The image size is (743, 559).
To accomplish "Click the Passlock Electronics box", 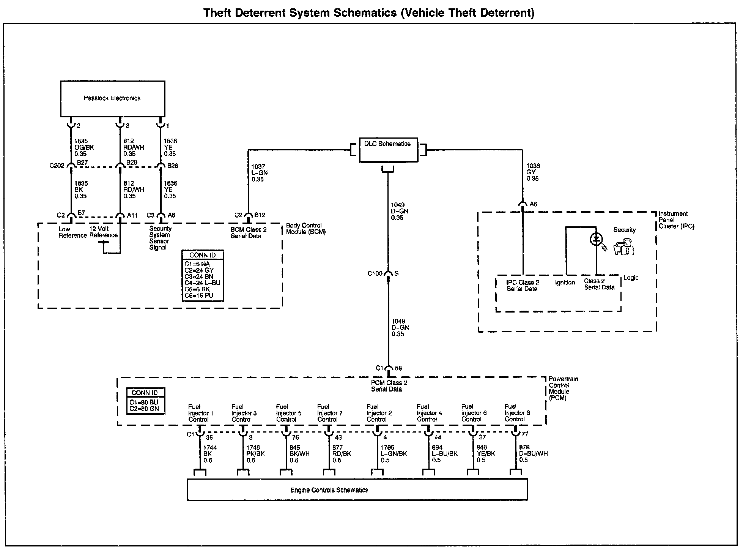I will (113, 98).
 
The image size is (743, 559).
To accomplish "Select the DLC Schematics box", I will (388, 150).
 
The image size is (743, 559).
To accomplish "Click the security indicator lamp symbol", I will (596, 239).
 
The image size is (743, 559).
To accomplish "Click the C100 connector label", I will (375, 273).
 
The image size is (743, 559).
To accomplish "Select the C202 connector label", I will (57, 166).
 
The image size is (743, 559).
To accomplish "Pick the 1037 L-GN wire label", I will (260, 173).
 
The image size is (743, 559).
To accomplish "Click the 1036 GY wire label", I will (533, 172).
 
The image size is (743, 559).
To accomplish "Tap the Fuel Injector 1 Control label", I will (200, 413).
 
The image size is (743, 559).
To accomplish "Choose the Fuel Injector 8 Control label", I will (517, 413).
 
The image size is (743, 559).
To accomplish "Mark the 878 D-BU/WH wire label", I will (533, 454).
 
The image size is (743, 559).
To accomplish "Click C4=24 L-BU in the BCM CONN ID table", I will (202, 283).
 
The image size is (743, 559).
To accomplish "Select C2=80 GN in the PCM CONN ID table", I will (144, 409).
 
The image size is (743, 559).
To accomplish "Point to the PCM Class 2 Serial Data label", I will (386, 386).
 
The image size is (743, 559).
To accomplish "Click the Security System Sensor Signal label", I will (160, 238).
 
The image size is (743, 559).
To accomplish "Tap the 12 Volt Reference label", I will (103, 232).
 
